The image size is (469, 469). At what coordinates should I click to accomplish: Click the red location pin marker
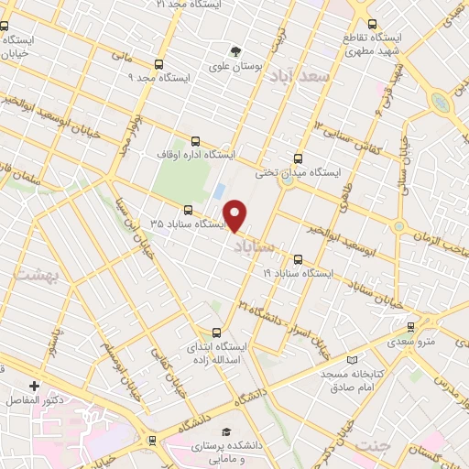(x=235, y=214)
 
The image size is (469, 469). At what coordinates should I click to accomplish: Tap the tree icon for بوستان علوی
(x=237, y=50)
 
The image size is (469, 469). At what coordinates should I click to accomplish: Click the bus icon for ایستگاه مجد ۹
(x=160, y=64)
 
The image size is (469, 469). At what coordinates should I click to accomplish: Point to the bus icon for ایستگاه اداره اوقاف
(x=194, y=141)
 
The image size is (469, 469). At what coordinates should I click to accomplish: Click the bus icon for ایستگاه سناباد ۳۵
(x=188, y=209)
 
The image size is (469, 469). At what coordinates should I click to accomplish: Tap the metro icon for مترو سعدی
(x=409, y=327)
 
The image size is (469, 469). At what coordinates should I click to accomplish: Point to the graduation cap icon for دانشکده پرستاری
(x=224, y=431)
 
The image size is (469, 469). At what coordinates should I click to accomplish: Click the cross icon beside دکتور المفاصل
(x=35, y=387)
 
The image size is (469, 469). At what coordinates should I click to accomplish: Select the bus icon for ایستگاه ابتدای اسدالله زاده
(x=216, y=333)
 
